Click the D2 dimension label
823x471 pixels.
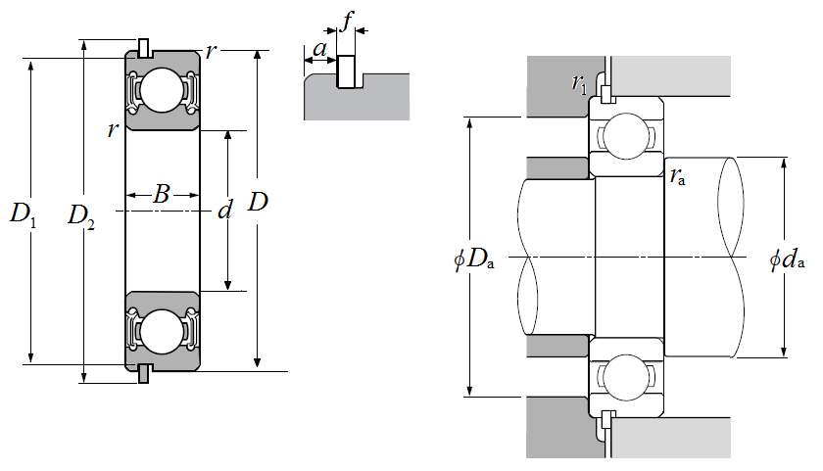pyautogui.click(x=81, y=216)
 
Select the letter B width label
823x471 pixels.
pyautogui.click(x=161, y=194)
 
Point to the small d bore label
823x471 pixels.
pyautogui.click(x=225, y=211)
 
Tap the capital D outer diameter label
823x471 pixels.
pyautogui.click(x=258, y=202)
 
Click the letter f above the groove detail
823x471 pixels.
pyautogui.click(x=347, y=22)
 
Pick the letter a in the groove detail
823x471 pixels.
pyautogui.click(x=319, y=49)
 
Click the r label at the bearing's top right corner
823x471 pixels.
pyautogui.click(x=210, y=51)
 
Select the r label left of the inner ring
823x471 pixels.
pyautogui.click(x=113, y=129)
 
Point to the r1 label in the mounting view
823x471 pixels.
pyautogui.click(x=579, y=83)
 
